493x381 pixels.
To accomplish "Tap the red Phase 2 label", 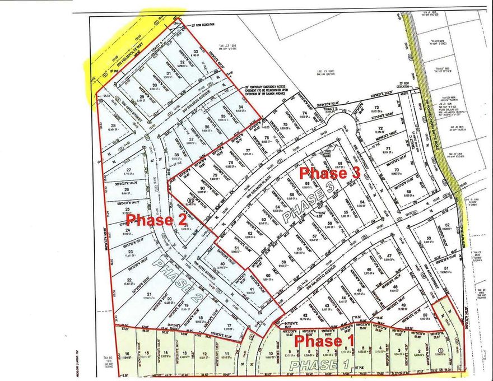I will click(159, 220).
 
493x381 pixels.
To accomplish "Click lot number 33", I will click(196, 52).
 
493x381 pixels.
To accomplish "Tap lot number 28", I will click(114, 126).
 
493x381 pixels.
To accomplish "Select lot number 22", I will click(129, 280).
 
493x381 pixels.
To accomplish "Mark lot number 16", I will click(128, 352).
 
